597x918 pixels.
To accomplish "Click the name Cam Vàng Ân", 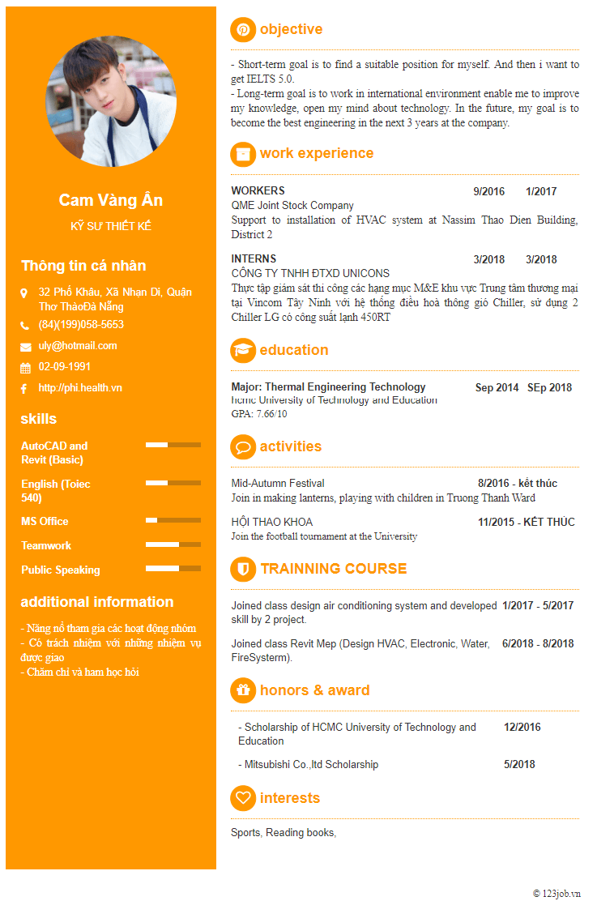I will pyautogui.click(x=110, y=200).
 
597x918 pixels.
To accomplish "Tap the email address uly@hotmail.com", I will pyautogui.click(x=78, y=346).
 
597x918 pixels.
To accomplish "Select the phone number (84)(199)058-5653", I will pyautogui.click(x=81, y=325).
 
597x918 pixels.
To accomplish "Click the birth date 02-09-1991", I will pyautogui.click(x=65, y=367).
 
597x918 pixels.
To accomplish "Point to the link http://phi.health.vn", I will pyautogui.click(x=80, y=388).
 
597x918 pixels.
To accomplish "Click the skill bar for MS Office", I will pyautogui.click(x=173, y=520).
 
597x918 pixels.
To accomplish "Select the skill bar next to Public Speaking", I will pyautogui.click(x=173, y=569).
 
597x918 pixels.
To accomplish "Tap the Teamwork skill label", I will pyautogui.click(x=46, y=545).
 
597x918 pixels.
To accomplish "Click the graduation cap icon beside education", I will pyautogui.click(x=243, y=350).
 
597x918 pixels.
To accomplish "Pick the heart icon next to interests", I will pyautogui.click(x=243, y=798).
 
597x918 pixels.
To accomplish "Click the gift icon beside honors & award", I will pyautogui.click(x=243, y=690).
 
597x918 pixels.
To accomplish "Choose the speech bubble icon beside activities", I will pyautogui.click(x=243, y=446).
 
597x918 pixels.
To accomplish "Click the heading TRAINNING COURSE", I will pyautogui.click(x=334, y=569).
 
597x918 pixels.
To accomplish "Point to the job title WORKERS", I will pyautogui.click(x=258, y=191).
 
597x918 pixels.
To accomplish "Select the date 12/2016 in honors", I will pyautogui.click(x=522, y=728).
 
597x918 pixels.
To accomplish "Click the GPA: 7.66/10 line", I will pyautogui.click(x=259, y=414).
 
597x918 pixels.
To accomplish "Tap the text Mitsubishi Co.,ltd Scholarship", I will pyautogui.click(x=311, y=765).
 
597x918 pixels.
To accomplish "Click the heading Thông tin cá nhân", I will pyautogui.click(x=83, y=266).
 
